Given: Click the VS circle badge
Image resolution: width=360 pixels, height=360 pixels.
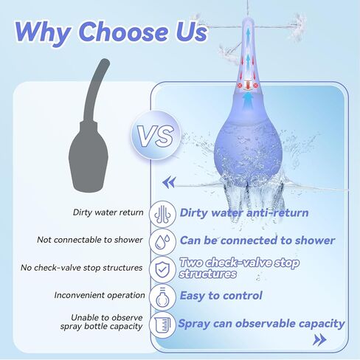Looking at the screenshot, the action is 156,135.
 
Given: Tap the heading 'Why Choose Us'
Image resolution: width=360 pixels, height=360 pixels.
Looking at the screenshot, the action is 111,32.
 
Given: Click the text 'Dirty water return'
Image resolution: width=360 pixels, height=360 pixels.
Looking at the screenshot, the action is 108,212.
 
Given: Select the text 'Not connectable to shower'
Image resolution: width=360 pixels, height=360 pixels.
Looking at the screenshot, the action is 90,240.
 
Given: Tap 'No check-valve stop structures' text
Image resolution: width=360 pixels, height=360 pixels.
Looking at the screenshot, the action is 81,268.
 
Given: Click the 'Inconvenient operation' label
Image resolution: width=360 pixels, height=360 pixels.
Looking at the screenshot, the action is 100,295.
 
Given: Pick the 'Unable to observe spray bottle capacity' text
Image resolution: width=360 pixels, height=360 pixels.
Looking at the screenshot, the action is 102,322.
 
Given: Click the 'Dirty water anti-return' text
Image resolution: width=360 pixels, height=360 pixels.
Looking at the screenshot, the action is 244,212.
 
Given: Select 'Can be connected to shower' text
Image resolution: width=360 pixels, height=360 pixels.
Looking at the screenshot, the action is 257,240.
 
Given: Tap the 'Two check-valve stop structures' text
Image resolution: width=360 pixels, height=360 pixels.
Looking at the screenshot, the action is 239,268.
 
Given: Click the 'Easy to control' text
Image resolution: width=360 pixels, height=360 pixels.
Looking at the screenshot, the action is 221,296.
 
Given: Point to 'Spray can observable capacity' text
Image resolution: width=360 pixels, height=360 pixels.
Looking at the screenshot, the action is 261,324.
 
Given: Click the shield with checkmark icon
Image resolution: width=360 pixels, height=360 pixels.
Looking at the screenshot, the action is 162,269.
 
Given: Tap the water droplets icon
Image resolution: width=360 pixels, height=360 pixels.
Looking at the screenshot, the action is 163,241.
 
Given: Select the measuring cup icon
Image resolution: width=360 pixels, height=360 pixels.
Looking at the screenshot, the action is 163,325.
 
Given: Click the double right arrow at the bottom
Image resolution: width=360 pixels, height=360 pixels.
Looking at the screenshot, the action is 319,340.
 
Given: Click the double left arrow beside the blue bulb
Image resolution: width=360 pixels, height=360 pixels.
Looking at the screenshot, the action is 169,182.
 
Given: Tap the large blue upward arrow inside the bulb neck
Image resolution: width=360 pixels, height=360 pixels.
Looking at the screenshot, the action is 248,100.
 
